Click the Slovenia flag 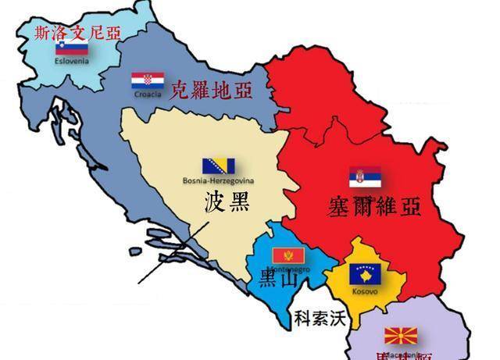66,48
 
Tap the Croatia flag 147,80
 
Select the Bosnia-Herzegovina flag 219,166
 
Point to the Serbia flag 365,176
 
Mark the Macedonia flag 400,337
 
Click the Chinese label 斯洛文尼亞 79,32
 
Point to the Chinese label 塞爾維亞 374,205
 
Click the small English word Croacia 148,94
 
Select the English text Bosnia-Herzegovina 219,180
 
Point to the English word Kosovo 365,290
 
